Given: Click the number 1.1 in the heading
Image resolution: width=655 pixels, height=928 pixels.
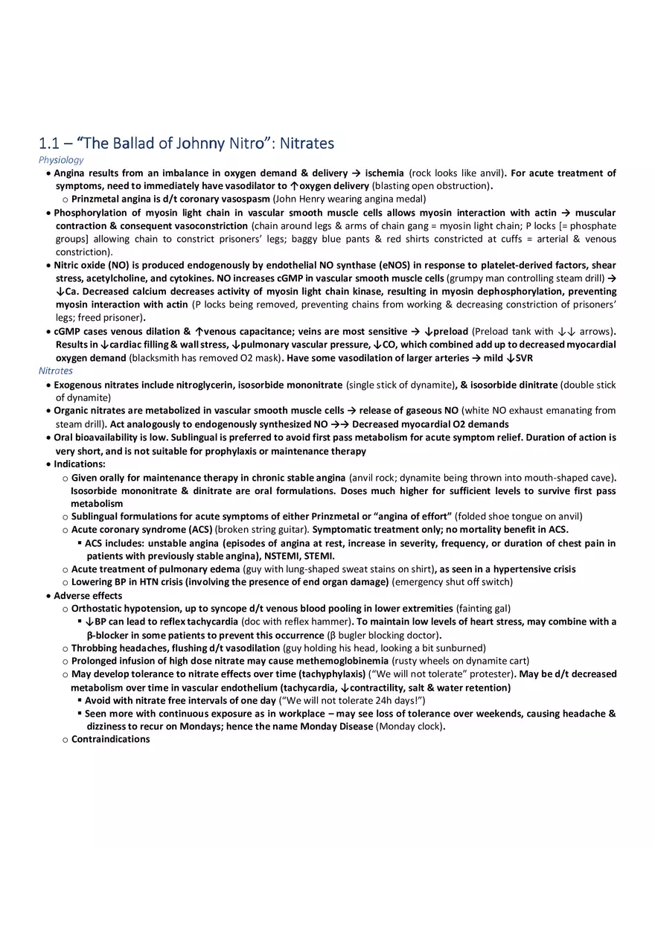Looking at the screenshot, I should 48,143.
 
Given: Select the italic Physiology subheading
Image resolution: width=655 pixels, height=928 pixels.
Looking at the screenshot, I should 61,160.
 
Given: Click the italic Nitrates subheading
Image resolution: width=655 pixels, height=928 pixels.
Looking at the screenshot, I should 56,371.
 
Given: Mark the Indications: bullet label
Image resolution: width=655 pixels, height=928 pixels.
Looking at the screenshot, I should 79,464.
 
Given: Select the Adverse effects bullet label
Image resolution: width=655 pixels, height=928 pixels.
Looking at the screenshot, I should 88,596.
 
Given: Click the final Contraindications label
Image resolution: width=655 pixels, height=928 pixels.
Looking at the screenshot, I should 110,740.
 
